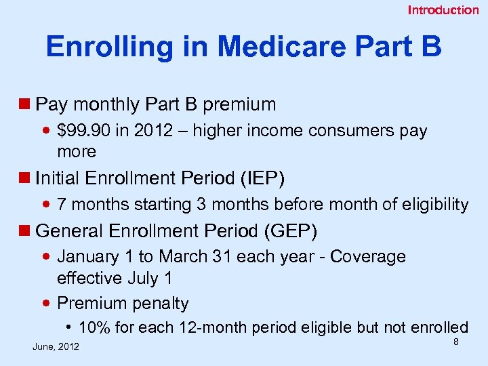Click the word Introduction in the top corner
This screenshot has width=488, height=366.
point(443,10)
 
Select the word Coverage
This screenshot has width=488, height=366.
point(369,257)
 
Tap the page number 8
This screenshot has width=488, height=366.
point(456,342)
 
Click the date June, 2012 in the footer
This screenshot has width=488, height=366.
point(56,347)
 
